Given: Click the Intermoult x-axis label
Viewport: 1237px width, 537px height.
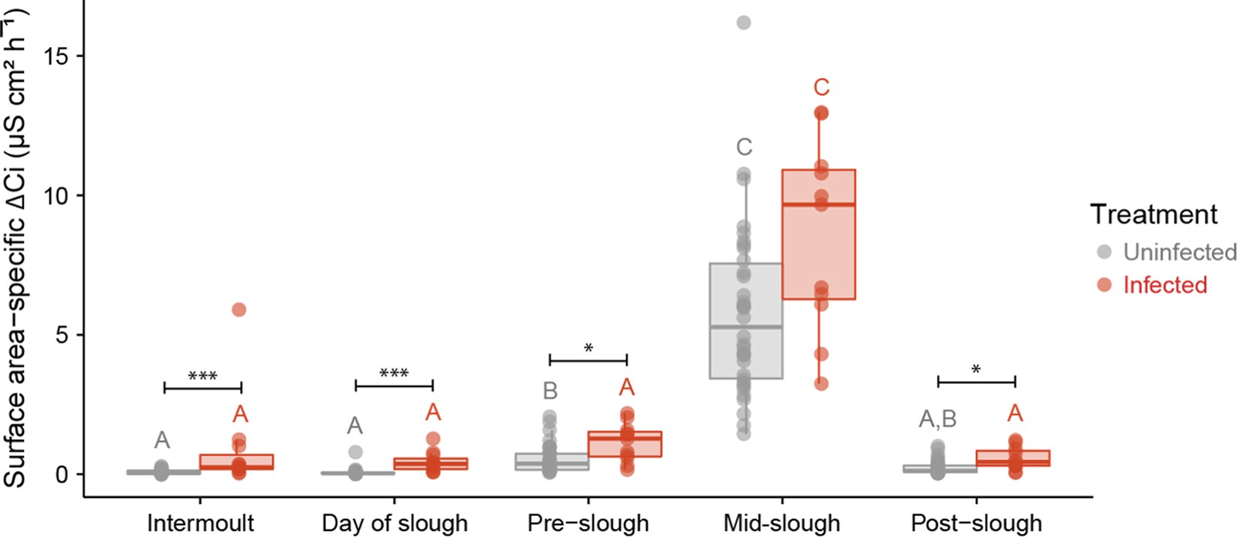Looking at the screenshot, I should click(200, 523).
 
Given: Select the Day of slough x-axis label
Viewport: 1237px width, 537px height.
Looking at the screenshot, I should click(394, 523).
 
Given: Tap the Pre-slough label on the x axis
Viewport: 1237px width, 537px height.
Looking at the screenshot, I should click(588, 523).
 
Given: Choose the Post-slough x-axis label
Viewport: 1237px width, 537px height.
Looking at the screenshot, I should click(976, 523).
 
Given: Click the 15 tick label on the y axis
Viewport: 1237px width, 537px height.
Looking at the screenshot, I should click(58, 56).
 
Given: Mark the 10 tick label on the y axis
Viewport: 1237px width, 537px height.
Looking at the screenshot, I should click(58, 196).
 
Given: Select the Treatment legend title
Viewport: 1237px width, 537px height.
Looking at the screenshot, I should click(1153, 214).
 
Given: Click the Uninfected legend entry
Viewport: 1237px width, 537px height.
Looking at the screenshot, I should click(1179, 252).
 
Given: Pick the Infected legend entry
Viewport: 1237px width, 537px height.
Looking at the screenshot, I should click(1164, 285).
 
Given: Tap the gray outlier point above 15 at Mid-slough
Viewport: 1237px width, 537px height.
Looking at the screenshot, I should click(743, 22).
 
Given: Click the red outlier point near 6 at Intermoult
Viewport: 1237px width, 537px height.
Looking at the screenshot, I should click(238, 309).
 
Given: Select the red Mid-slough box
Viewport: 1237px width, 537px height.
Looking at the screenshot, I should click(819, 235).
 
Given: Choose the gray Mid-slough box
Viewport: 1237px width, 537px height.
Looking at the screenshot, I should click(746, 321).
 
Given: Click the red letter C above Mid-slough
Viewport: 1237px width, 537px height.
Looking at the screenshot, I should click(821, 88).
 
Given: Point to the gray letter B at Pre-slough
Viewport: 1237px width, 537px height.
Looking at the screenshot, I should click(550, 391).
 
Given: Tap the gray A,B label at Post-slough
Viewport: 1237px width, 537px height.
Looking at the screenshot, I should click(938, 418).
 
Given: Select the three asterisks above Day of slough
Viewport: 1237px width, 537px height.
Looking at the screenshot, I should click(394, 373).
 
